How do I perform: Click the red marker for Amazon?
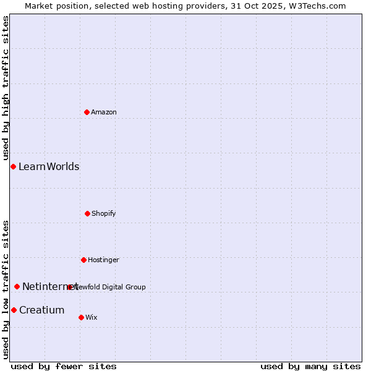coord(87,112)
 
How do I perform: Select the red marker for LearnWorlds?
coord(13,166)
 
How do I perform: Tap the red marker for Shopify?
coord(87,213)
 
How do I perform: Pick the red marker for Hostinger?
coord(83,260)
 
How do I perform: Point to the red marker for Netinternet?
coord(17,286)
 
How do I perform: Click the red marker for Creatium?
coord(14,310)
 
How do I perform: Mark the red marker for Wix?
coord(81,317)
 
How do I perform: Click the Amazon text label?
coord(104,112)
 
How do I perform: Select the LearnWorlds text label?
coord(49,166)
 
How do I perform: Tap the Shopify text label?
coord(104,213)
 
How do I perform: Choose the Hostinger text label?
coord(103,260)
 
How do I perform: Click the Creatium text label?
coord(41,310)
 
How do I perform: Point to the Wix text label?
coord(92,317)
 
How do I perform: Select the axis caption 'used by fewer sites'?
coord(63,366)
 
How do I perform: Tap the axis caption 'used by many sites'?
coord(310,366)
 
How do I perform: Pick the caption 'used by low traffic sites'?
coord(6,289)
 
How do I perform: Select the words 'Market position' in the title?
coord(54,6)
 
